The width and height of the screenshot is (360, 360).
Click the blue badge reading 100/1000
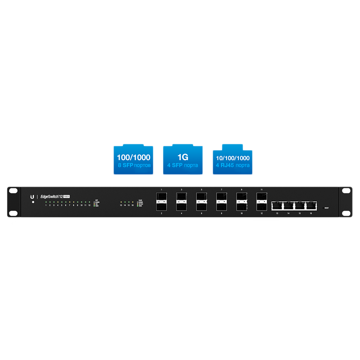click(x=133, y=160)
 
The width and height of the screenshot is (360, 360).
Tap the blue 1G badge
click(x=183, y=160)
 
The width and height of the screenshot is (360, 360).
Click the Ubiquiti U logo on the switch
click(x=32, y=197)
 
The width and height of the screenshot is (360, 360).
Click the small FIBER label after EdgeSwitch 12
click(x=66, y=197)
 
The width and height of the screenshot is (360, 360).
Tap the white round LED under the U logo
click(x=33, y=202)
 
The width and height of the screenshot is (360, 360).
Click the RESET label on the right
click(x=327, y=208)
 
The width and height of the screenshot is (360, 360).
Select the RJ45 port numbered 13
click(x=277, y=206)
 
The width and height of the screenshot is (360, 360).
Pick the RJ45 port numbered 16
click(x=311, y=206)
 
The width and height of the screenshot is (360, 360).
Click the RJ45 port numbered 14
click(x=288, y=206)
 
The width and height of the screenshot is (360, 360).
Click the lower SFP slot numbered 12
click(x=262, y=207)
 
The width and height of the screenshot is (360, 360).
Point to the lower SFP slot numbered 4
click(x=181, y=207)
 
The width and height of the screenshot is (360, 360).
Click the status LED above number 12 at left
click(x=89, y=202)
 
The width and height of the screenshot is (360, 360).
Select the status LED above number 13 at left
click(x=121, y=202)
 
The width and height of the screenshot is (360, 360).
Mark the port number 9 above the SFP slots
click(x=242, y=189)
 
